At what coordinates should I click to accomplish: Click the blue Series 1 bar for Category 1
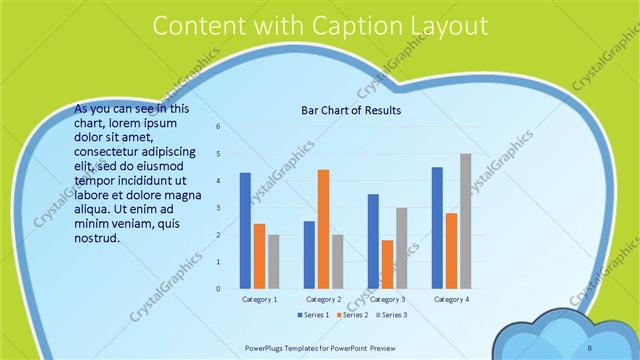click(x=245, y=231)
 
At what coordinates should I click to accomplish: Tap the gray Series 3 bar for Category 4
click(x=465, y=221)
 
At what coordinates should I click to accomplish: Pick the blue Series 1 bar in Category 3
click(x=373, y=241)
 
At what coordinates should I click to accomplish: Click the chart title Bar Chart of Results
click(x=351, y=110)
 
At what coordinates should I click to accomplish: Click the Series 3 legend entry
click(x=392, y=315)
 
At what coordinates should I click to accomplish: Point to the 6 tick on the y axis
click(x=218, y=127)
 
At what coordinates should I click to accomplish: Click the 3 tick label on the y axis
click(x=218, y=208)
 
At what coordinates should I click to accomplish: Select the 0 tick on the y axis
click(x=218, y=289)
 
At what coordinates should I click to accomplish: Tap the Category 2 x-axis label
click(x=323, y=299)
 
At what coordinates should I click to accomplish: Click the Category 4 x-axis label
click(x=451, y=299)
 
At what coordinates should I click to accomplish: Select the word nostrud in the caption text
click(x=97, y=238)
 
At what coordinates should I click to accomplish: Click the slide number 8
click(x=589, y=347)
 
